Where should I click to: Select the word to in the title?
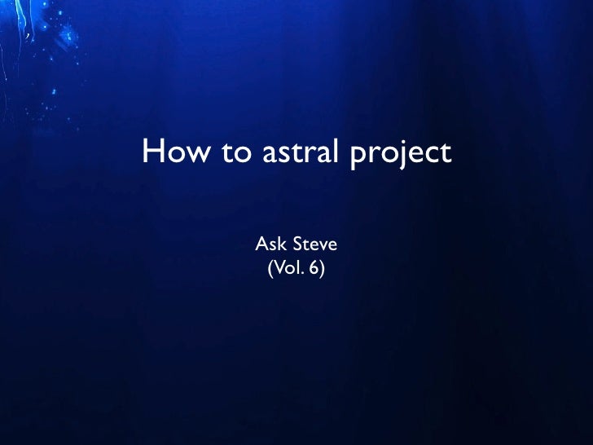click(235, 152)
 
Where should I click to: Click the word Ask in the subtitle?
click(270, 243)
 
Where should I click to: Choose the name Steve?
click(314, 243)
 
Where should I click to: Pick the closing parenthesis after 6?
click(322, 267)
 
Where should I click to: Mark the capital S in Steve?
click(296, 243)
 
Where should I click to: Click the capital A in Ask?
click(262, 243)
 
